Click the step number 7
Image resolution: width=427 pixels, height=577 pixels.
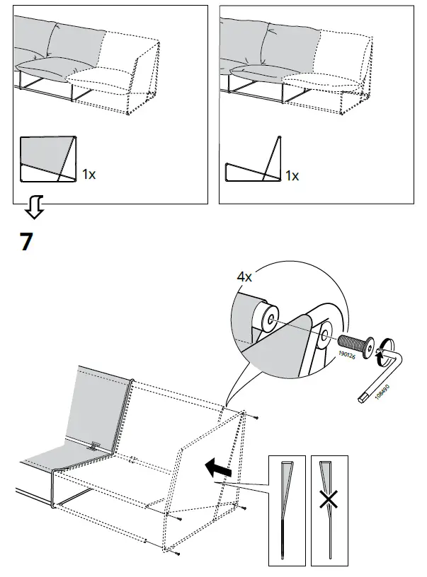click(x=25, y=242)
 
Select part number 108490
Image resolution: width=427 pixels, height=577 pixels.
click(x=382, y=393)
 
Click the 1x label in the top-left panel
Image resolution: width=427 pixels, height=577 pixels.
click(x=89, y=174)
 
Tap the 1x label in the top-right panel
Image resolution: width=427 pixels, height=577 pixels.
click(x=291, y=175)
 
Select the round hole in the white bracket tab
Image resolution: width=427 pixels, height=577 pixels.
click(x=325, y=333)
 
